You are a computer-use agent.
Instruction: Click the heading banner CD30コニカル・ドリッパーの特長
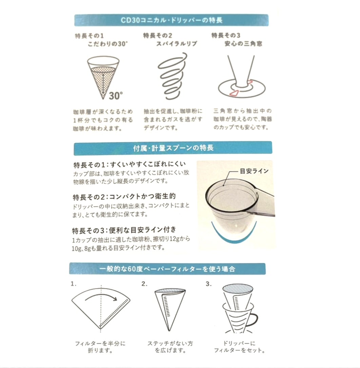tap(171, 20)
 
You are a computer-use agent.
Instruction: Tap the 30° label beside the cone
tap(116, 95)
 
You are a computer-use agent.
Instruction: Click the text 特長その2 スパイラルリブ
tap(170, 39)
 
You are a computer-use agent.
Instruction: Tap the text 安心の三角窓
tap(243, 44)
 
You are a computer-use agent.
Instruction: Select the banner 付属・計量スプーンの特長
tap(173, 148)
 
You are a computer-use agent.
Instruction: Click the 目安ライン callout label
tap(254, 171)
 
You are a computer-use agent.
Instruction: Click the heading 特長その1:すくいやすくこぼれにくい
tap(129, 164)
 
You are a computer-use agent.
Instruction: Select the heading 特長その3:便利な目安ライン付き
tap(124, 230)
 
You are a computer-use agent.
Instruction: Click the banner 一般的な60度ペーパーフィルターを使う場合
tap(167, 269)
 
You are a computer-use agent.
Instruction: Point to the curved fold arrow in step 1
tap(101, 295)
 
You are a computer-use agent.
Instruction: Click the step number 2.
tap(144, 284)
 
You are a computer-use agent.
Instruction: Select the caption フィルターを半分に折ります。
tap(100, 347)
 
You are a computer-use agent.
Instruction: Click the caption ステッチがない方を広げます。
tap(170, 347)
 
